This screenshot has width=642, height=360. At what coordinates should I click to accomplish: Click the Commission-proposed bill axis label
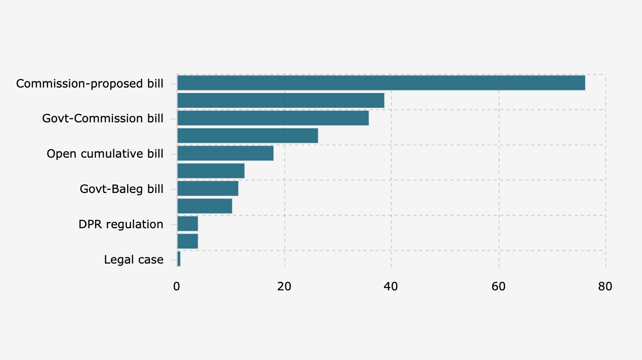click(x=90, y=84)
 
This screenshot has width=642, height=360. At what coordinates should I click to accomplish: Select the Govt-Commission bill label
click(x=103, y=119)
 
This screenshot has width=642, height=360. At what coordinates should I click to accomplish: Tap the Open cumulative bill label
click(x=105, y=154)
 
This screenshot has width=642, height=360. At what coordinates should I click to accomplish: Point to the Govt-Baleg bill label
click(x=121, y=189)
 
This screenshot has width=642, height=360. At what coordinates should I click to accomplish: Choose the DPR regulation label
click(x=121, y=224)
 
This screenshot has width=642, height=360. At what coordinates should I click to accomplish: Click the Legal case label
click(x=134, y=260)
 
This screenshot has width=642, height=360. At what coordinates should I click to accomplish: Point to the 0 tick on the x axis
click(x=177, y=286)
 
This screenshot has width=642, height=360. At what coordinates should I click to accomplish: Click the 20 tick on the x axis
click(x=284, y=286)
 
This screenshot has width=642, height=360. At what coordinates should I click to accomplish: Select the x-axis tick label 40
click(x=391, y=286)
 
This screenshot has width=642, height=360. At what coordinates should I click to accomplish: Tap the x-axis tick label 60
click(x=498, y=286)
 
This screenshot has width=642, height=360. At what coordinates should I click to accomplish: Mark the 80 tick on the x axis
click(x=605, y=286)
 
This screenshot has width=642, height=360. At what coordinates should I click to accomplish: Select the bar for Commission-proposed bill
click(x=381, y=83)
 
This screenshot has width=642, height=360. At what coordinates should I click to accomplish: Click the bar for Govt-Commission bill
click(x=273, y=118)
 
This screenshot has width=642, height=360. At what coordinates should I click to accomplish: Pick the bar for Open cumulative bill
click(x=225, y=153)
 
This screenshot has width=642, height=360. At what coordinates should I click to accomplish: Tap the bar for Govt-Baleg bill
click(x=208, y=188)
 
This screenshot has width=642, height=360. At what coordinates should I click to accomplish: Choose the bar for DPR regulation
click(x=187, y=224)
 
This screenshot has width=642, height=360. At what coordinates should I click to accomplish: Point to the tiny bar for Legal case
click(x=179, y=259)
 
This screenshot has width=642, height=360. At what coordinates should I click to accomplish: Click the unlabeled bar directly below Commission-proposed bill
click(x=281, y=100)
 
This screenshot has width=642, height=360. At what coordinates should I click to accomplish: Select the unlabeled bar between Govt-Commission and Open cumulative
click(x=248, y=136)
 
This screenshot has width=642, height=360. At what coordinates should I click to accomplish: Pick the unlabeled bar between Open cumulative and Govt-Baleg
click(x=211, y=171)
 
